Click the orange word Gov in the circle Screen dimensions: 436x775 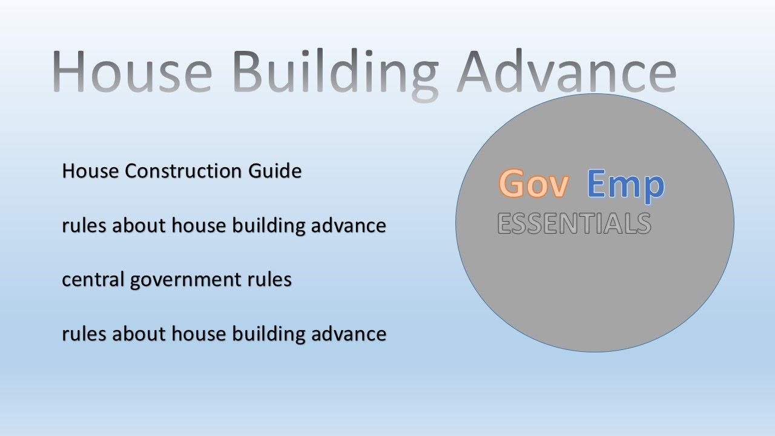[533, 184]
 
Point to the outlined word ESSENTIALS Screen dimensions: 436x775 [574, 223]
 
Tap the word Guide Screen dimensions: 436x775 [274, 171]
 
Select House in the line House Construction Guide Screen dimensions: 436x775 [91, 171]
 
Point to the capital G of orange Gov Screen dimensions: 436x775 [512, 184]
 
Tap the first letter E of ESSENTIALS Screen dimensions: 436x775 [505, 223]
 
